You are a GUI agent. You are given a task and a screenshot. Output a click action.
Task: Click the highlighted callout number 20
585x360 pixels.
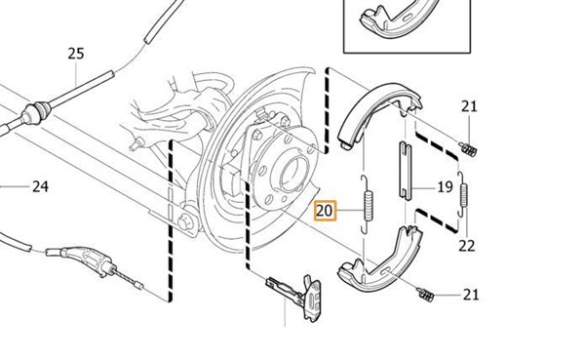[325, 211]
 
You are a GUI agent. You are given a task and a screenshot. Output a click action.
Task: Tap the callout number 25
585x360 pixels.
[76, 54]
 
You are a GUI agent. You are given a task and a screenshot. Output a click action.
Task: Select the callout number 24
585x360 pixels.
[40, 186]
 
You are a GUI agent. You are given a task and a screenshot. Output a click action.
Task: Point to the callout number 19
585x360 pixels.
[445, 186]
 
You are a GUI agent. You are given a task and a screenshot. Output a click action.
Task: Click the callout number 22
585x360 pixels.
[467, 246]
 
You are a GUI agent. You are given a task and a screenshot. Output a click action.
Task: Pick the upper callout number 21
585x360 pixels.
[469, 106]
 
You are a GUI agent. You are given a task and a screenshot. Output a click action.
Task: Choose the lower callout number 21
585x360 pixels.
[471, 295]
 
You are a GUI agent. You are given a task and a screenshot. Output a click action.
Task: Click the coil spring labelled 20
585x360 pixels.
[369, 205]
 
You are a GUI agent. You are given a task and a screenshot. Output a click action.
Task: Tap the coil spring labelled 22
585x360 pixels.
[463, 194]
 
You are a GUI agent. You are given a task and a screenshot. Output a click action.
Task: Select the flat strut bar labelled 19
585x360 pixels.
[406, 170]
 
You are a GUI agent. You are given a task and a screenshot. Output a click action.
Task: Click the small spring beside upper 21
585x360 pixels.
[468, 149]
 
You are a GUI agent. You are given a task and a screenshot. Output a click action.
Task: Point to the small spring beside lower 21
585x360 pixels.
[425, 295]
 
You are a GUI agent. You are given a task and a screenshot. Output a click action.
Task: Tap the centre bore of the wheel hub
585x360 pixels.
[294, 174]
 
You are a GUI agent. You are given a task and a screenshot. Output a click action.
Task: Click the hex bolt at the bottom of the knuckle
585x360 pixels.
[185, 222]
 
